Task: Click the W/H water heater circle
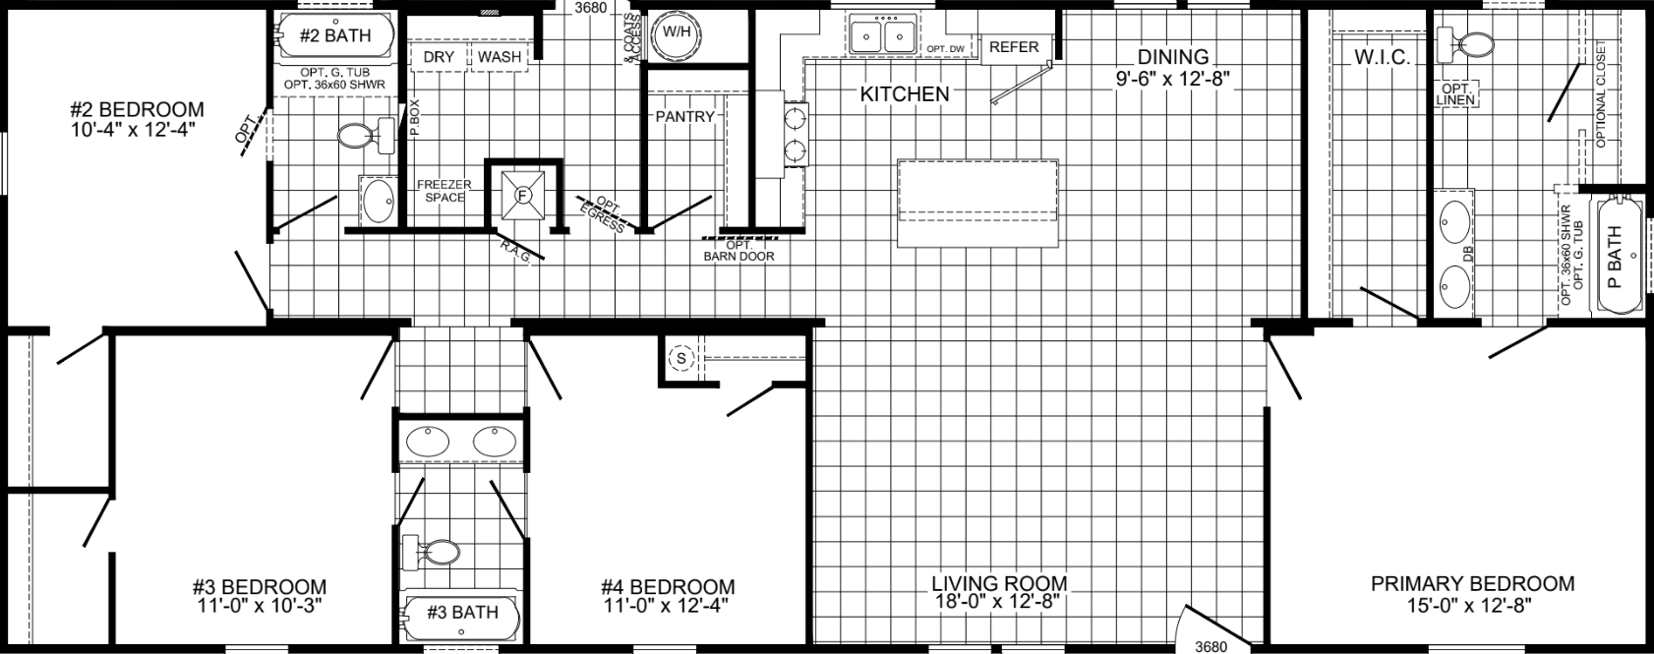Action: point(676,32)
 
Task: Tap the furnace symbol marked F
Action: point(523,195)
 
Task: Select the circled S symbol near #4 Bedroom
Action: point(681,359)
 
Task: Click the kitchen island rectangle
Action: point(977,203)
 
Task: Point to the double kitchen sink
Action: point(881,37)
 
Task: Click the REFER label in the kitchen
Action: point(1014,47)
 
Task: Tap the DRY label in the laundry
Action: point(439,57)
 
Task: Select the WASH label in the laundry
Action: point(500,57)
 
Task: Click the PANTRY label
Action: point(684,116)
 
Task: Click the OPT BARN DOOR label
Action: point(738,251)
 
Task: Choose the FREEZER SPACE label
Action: point(443,191)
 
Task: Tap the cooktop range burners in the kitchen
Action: point(795,136)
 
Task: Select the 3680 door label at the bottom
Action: point(1211,646)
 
